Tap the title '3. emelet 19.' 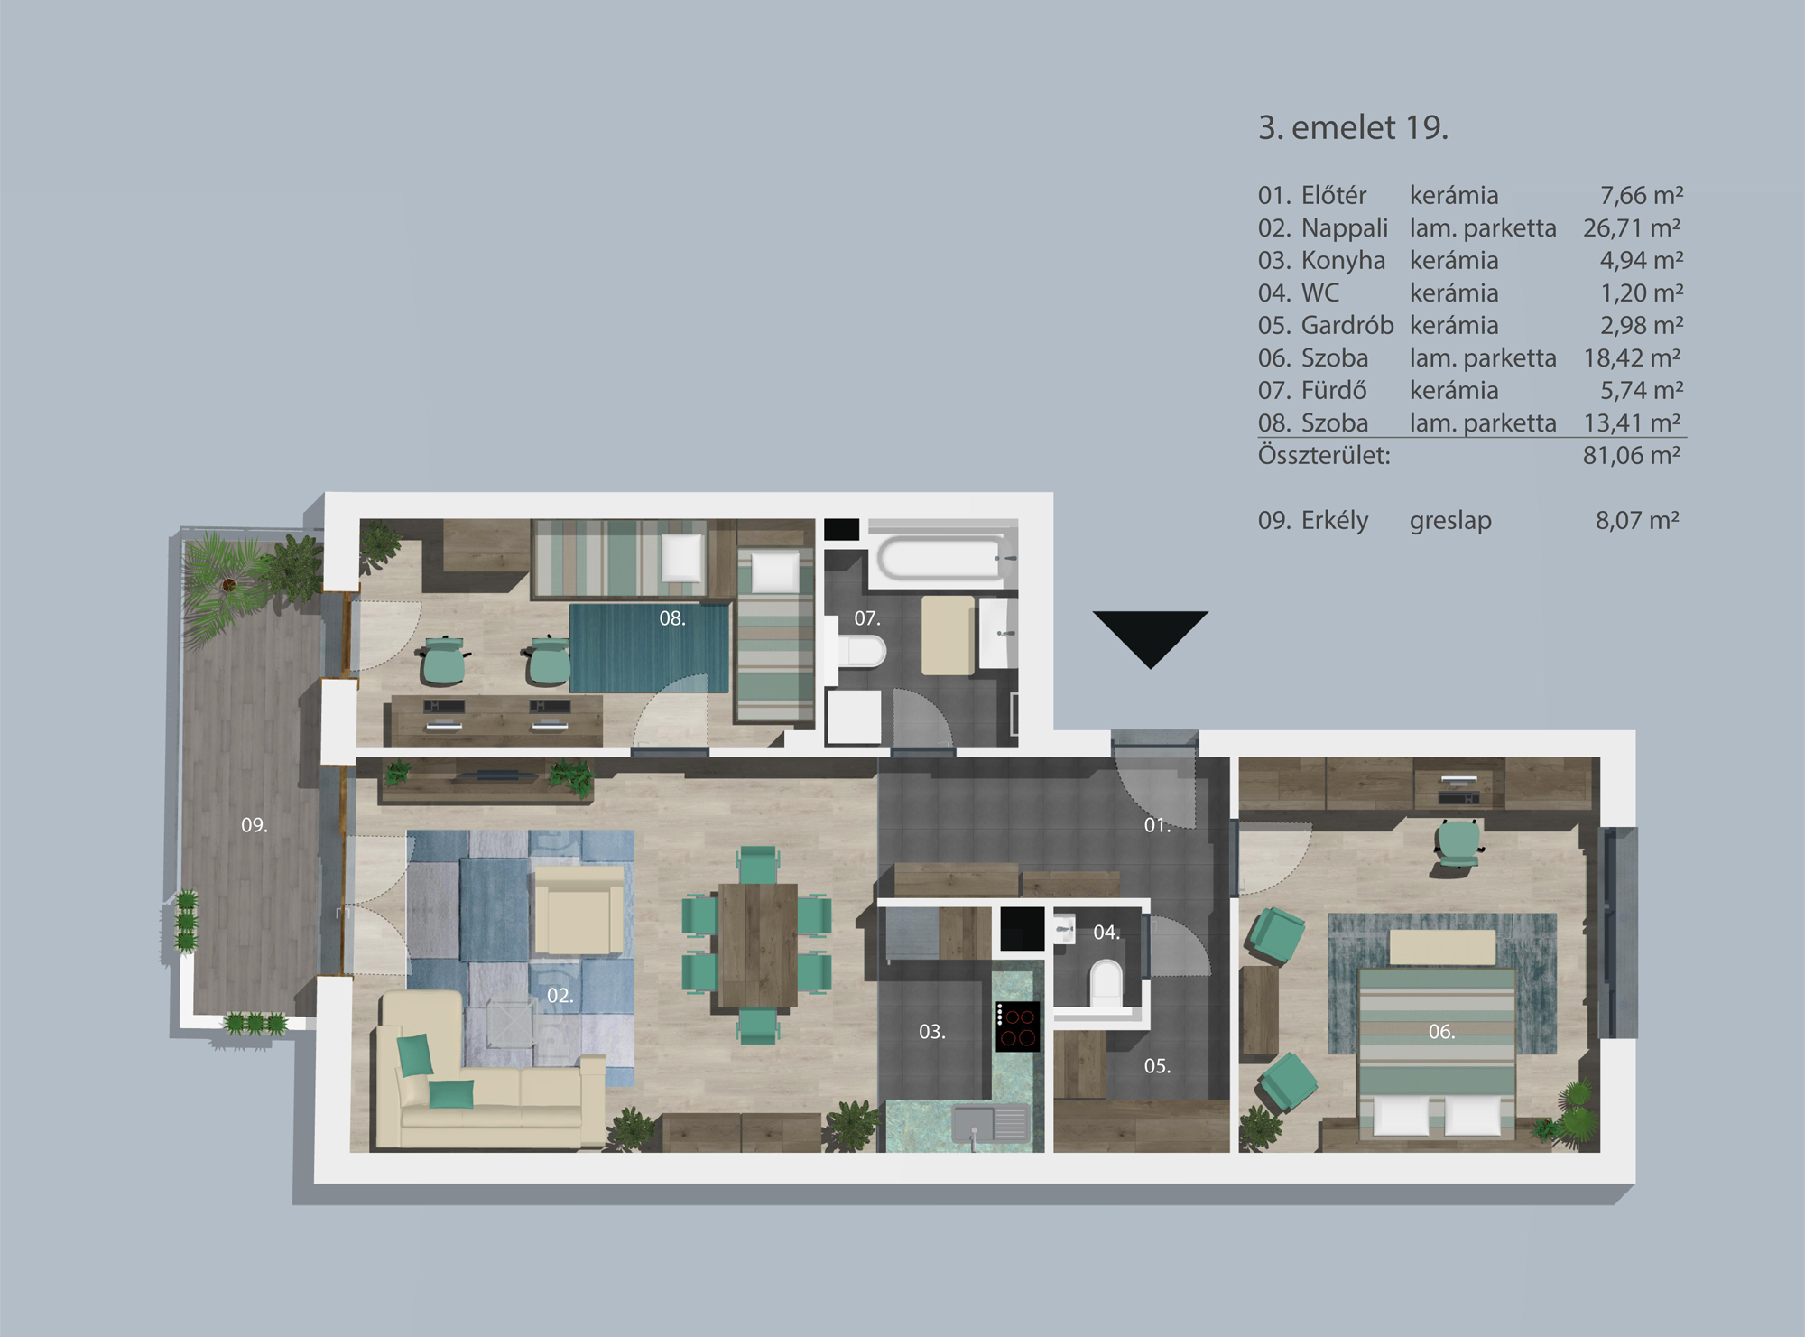point(1352,128)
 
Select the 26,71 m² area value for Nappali point(1632,228)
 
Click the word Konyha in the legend point(1343,261)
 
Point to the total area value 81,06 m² point(1632,456)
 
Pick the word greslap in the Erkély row point(1450,521)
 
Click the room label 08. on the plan point(672,618)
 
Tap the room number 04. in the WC point(1106,933)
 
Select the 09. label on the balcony point(255,825)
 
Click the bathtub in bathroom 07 point(940,558)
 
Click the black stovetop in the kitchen point(1018,1027)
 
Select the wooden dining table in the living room point(758,944)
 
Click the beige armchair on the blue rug point(579,910)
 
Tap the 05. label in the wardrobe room point(1157,1066)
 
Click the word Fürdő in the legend point(1334,391)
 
